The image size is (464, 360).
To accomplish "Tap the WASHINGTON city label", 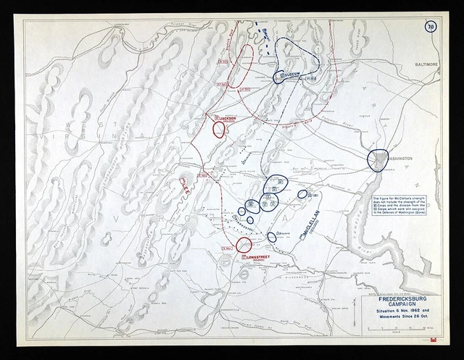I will click(400, 156).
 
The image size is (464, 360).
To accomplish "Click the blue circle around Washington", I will click(378, 161).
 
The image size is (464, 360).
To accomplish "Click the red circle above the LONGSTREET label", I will click(244, 244).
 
